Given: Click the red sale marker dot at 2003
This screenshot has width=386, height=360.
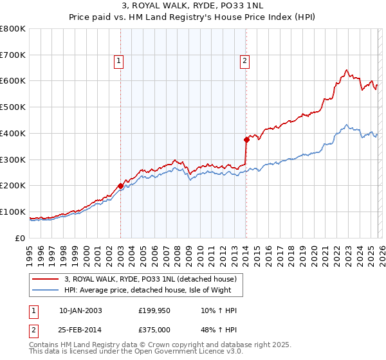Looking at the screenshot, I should (x=120, y=186).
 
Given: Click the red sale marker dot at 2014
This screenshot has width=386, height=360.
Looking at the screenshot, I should (x=246, y=139).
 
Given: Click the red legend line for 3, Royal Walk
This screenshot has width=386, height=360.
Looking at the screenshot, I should (x=46, y=279).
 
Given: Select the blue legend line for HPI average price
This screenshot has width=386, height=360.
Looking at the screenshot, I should (x=46, y=290).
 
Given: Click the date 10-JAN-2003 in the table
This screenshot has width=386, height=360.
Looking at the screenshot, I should (x=80, y=310).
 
